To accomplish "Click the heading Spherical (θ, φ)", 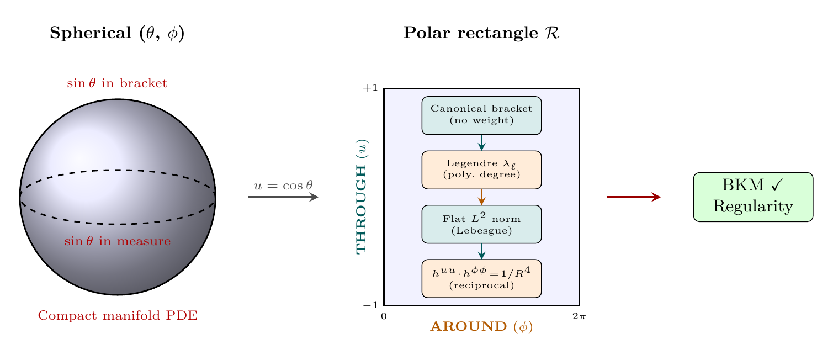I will point(117,33).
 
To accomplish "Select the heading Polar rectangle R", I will point(481,33).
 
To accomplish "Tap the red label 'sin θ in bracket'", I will point(117,83).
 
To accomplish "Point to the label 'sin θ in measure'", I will point(117,241).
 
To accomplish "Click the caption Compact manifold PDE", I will point(118,316).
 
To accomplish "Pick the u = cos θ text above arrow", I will point(283,185).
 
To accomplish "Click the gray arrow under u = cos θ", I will point(283,197).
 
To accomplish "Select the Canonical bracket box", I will point(481,115).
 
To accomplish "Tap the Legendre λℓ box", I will point(481,170).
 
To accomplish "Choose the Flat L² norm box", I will point(481,224).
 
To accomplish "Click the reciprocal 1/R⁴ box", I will point(481,278).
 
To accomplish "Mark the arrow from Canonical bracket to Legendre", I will point(481,142).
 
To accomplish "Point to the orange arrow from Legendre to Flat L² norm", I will point(481,197).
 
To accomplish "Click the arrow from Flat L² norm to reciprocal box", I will point(481,251).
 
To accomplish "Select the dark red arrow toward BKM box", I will point(633,197).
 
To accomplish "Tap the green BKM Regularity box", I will point(753,197).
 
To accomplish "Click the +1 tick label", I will point(370,88).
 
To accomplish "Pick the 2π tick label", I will point(579,316).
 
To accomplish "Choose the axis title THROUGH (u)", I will point(362,196).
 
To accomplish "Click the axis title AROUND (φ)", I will point(481,327).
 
